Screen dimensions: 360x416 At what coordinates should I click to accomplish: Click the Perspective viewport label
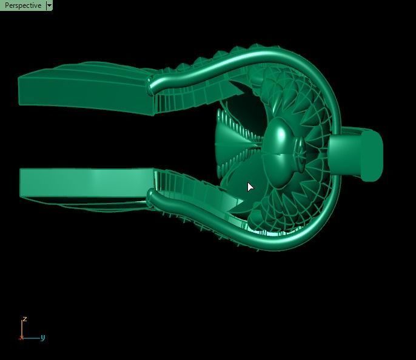click(x=22, y=5)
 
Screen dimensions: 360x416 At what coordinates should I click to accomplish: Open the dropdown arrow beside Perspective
click(x=49, y=5)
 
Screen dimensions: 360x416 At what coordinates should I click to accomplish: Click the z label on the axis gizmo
click(x=24, y=319)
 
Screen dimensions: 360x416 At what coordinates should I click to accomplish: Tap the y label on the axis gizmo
click(x=43, y=338)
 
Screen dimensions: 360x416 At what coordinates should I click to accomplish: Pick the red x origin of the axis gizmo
click(x=22, y=338)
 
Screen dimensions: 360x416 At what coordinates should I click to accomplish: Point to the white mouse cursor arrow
click(x=250, y=187)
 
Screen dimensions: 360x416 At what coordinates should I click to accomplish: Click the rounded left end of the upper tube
click(x=152, y=87)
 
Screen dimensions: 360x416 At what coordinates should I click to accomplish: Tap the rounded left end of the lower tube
click(x=152, y=196)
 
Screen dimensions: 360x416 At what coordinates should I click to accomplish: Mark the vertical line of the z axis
click(x=22, y=329)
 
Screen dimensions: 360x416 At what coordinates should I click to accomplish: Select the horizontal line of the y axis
click(x=32, y=338)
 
